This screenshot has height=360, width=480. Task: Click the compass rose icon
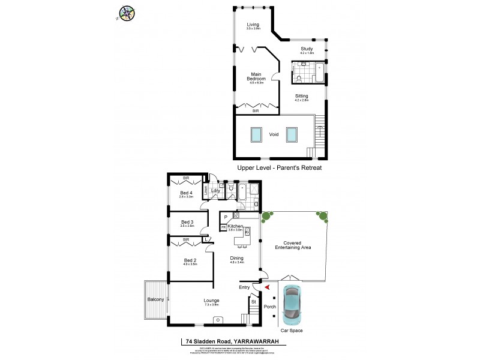(127, 13)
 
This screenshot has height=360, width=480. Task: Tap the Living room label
(253, 25)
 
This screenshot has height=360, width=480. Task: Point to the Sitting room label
(302, 96)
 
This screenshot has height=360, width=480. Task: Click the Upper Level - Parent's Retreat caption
(280, 168)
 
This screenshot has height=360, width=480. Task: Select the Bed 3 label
(187, 222)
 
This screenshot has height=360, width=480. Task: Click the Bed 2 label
(190, 260)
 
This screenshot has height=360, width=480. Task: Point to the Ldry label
(215, 191)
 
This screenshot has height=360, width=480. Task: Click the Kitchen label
(235, 226)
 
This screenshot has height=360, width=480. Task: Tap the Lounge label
(211, 301)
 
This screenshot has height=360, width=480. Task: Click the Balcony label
(155, 300)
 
